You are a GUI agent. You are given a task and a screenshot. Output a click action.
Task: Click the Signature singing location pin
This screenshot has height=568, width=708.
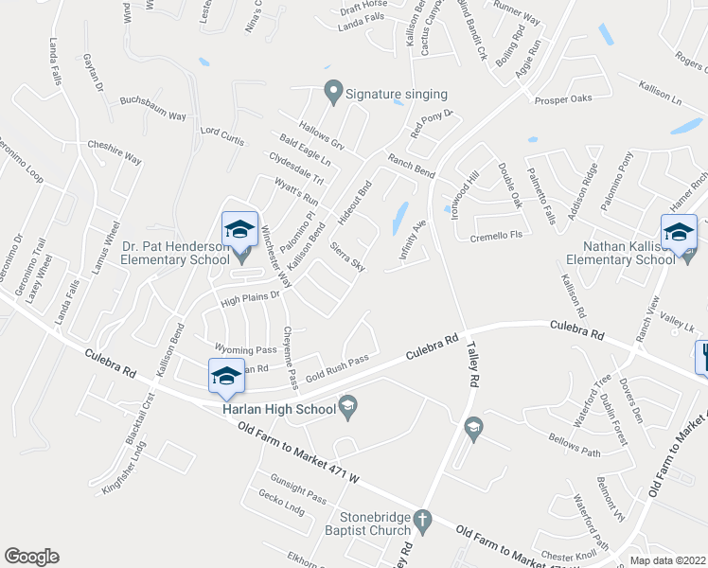click(x=332, y=93)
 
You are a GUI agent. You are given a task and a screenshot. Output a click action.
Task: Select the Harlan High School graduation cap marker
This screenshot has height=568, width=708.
click(x=348, y=407)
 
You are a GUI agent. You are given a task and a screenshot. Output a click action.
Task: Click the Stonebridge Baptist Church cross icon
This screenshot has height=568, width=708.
click(x=423, y=518)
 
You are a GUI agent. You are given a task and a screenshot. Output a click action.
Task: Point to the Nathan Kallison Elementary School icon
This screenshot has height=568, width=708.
click(x=679, y=232)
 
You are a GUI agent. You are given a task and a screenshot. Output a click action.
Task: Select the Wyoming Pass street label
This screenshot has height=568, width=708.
click(x=245, y=349)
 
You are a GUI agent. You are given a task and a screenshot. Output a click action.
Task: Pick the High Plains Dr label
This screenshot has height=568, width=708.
click(x=252, y=298)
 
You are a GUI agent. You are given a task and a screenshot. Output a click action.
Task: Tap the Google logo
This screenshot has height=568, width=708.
click(x=31, y=557)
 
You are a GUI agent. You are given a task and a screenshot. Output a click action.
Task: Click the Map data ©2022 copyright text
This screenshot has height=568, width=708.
click(x=667, y=560)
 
